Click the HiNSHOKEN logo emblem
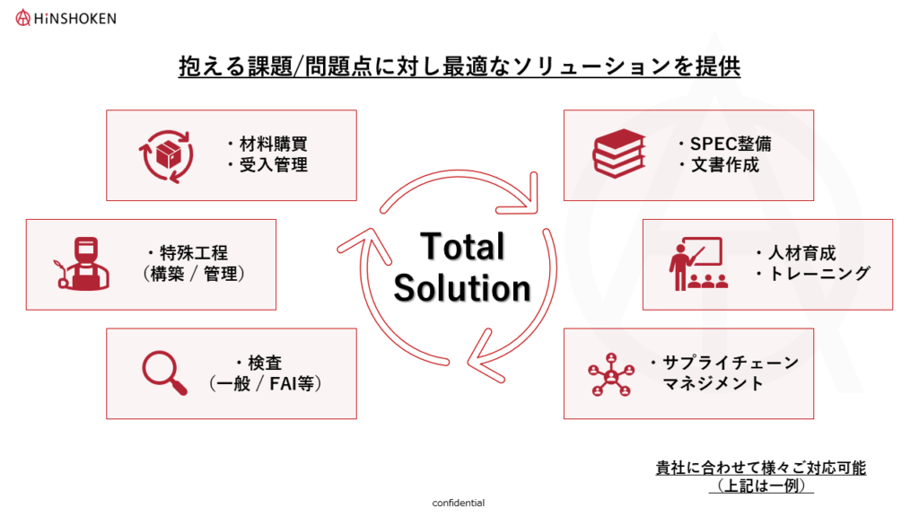(22, 18)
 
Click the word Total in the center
(462, 246)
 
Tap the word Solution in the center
(462, 288)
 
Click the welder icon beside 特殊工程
(83, 264)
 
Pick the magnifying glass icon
(165, 372)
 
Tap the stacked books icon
(619, 153)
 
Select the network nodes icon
(611, 374)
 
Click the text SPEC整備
(731, 144)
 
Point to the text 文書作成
(725, 165)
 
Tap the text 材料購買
(273, 144)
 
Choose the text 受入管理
(273, 165)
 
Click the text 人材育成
(801, 253)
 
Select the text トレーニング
(819, 273)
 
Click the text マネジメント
(713, 383)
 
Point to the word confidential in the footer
(459, 503)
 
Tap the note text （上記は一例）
(761, 486)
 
